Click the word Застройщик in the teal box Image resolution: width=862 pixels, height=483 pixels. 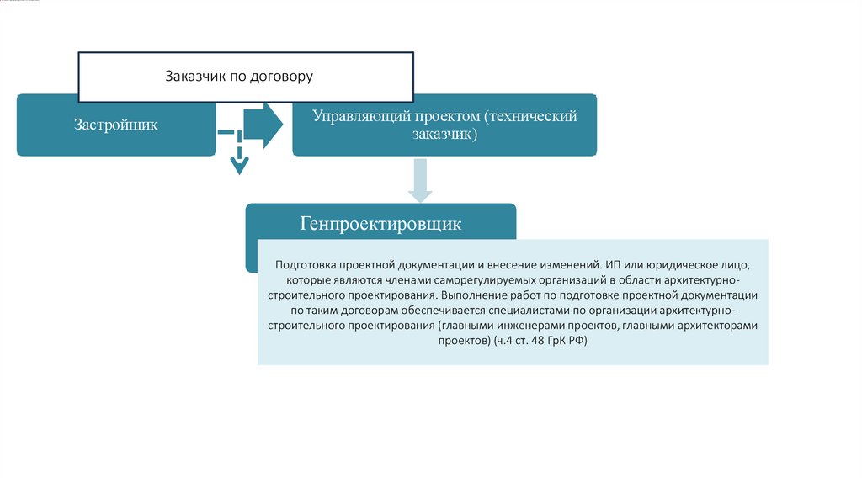pos(115,125)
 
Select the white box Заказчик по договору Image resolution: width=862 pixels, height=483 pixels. pos(246,77)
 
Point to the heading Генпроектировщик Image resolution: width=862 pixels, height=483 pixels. pos(380,225)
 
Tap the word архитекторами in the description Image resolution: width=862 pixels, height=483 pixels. pos(718,326)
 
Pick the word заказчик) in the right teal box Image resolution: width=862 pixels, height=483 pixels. pos(444,135)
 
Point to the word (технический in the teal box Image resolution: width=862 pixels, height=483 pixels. pos(531,116)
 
